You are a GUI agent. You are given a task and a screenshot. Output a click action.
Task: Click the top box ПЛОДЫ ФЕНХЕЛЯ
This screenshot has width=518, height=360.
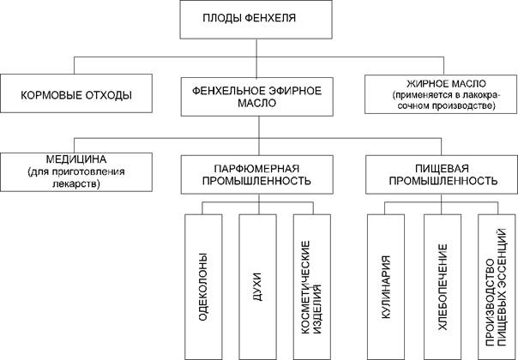(257, 20)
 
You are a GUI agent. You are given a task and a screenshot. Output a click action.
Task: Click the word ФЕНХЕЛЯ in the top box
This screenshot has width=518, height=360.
(283, 20)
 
